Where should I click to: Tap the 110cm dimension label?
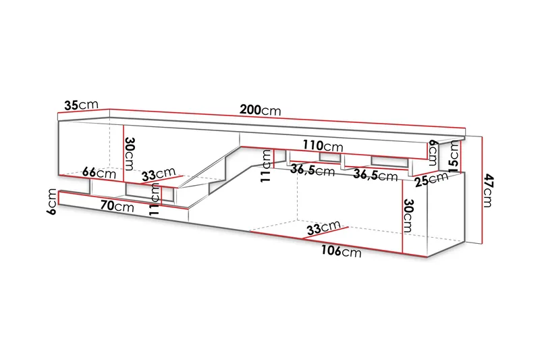pos(323,146)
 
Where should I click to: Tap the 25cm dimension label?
pos(432,179)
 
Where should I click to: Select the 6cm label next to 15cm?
pos(433,151)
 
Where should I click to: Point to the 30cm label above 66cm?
pos(130,155)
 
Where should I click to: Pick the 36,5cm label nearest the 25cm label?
pos(377,176)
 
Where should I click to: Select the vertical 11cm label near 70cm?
pos(156,201)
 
